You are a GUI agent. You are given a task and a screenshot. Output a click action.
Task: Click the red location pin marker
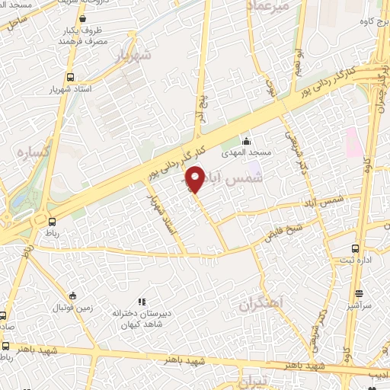[195, 179]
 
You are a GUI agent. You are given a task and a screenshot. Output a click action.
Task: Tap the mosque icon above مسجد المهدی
[245, 141]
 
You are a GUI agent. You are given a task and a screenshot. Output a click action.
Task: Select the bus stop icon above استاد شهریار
[70, 77]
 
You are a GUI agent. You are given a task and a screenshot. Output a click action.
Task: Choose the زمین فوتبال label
[71, 308]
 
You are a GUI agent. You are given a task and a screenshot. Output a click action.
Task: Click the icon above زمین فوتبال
[72, 296]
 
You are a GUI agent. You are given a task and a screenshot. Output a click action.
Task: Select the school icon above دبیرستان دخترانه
[141, 301]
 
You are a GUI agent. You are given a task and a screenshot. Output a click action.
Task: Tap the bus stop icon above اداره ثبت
[355, 248]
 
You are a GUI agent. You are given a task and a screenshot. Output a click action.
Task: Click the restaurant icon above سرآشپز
[359, 293]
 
